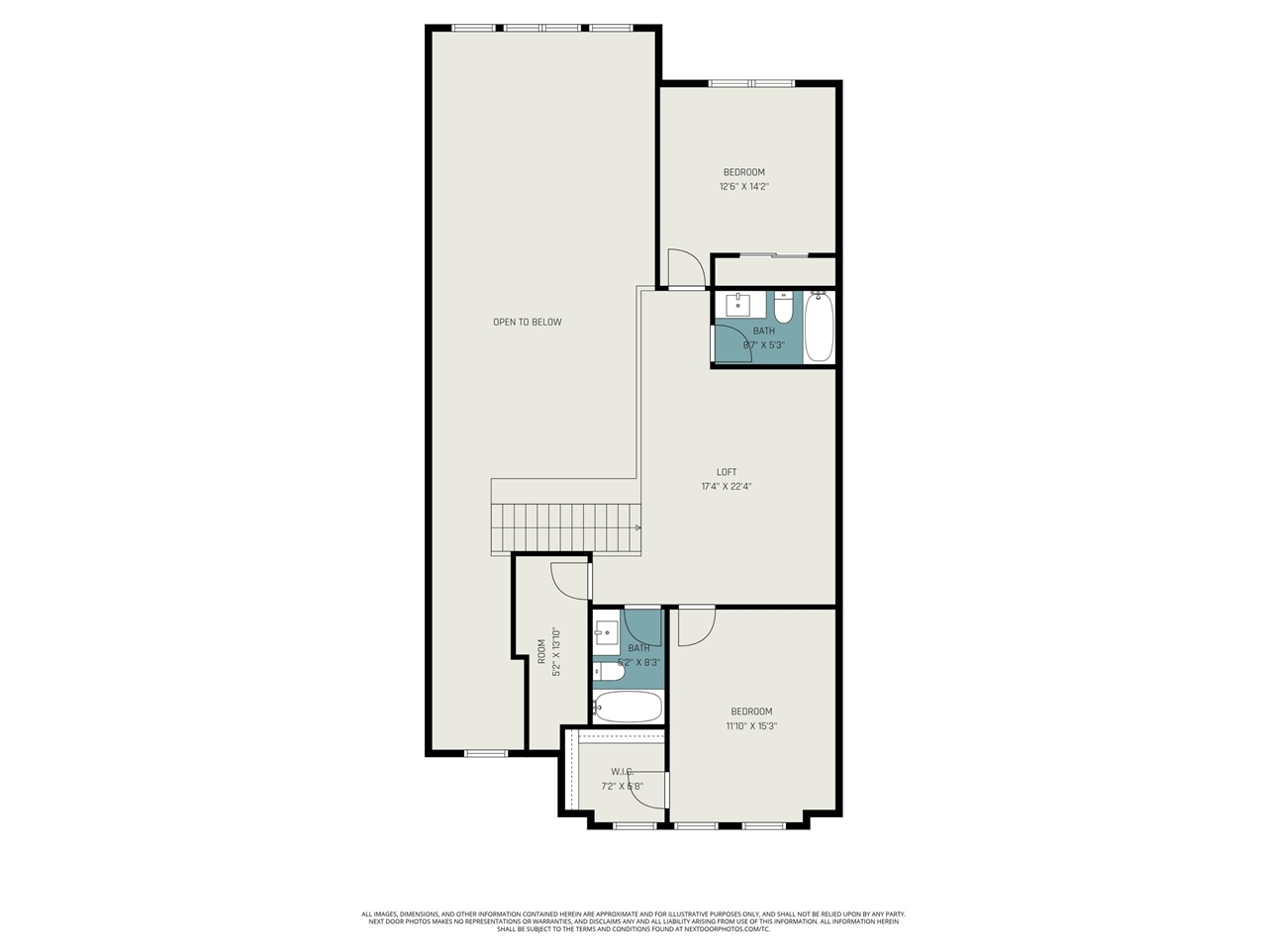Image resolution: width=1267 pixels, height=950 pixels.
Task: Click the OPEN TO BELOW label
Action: [527, 322]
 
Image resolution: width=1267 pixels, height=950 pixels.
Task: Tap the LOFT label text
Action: [727, 472]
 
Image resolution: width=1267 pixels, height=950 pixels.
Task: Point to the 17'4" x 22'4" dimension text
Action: [727, 487]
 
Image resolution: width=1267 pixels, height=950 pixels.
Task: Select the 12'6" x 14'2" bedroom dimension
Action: [743, 186]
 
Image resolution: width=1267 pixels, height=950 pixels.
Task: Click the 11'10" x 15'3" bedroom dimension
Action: [751, 725]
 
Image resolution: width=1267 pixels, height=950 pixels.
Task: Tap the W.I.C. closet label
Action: [622, 772]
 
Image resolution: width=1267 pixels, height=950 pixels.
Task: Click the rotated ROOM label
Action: [541, 650]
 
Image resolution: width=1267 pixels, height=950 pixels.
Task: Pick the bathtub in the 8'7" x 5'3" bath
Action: [819, 328]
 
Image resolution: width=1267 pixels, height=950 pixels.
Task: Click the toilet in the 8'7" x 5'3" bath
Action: [783, 310]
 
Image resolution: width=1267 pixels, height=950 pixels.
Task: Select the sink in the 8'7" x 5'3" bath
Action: [738, 302]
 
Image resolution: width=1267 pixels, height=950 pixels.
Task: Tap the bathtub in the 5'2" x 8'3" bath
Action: [628, 707]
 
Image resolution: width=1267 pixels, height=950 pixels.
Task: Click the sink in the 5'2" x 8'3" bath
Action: [606, 631]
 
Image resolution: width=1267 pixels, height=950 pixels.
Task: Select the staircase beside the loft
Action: [566, 527]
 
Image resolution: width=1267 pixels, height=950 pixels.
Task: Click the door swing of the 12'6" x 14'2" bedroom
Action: [686, 268]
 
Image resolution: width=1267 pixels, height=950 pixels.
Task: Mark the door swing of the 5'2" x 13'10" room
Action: [570, 581]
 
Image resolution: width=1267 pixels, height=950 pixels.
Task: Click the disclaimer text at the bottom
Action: [633, 921]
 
